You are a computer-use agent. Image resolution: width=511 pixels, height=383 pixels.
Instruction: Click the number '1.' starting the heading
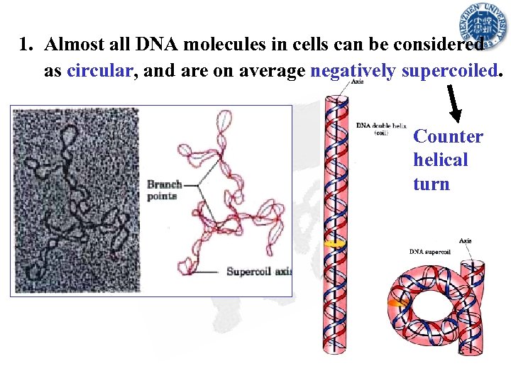pos(27,45)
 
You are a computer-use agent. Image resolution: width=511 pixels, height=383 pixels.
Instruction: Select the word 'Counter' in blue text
pos(448,136)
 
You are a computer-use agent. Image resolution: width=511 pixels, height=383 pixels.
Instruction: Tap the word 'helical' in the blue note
pos(440,160)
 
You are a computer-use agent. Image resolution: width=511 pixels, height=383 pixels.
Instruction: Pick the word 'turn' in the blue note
pos(432,184)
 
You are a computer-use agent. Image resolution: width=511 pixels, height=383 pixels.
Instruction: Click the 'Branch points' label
pos(163,190)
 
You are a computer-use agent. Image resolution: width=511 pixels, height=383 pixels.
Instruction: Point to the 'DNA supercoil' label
pos(429,251)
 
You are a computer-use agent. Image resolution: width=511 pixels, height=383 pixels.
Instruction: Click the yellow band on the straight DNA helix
pos(332,243)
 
